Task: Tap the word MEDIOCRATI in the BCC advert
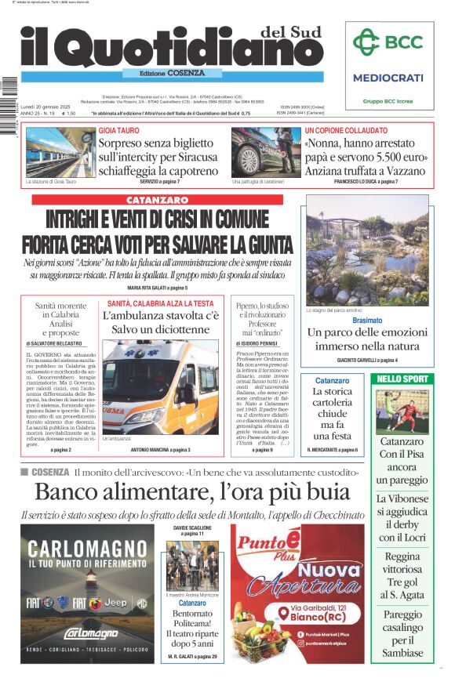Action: pyautogui.click(x=388, y=78)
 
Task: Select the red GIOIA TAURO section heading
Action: pyautogui.click(x=119, y=130)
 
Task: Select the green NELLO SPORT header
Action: pyautogui.click(x=403, y=379)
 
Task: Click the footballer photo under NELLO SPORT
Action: pyautogui.click(x=403, y=411)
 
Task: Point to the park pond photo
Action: pyautogui.click(x=368, y=250)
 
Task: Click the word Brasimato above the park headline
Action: pyautogui.click(x=367, y=321)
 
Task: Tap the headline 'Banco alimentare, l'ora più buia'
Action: pyautogui.click(x=192, y=492)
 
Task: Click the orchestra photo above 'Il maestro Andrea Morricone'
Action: pyautogui.click(x=192, y=566)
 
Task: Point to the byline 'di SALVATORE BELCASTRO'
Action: pyautogui.click(x=60, y=343)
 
